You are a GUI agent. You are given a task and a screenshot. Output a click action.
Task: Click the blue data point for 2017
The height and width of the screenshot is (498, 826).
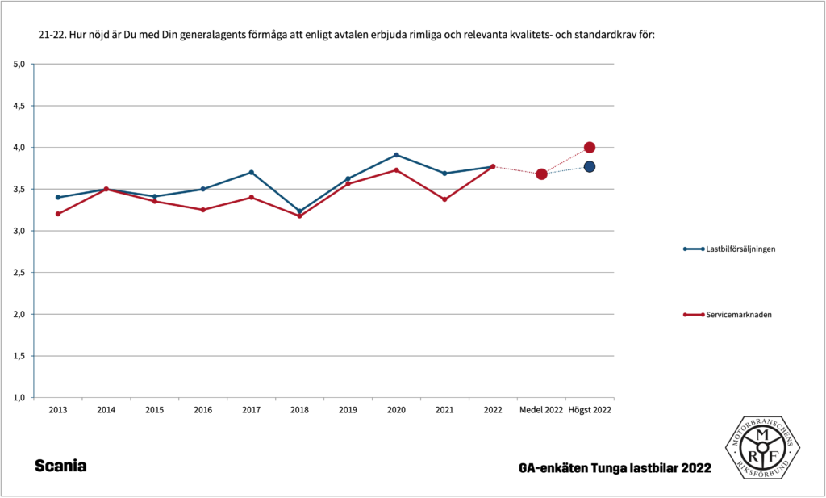point(252,172)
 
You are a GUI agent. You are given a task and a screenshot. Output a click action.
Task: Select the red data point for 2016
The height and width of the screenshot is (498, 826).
point(203,210)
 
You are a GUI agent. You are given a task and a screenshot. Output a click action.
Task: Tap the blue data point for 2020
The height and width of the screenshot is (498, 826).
point(396,154)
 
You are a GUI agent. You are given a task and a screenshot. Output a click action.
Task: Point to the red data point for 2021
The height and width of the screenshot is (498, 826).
point(444,199)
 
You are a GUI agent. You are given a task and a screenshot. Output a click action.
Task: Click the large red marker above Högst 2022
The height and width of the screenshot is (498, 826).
point(590,148)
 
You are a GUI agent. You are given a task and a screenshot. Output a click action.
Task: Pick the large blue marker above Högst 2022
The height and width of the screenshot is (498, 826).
point(590,167)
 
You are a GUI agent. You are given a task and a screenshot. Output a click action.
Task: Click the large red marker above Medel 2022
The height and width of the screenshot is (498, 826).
point(541,174)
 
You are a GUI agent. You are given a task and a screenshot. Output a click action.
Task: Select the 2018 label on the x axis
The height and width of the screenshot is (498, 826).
point(299,410)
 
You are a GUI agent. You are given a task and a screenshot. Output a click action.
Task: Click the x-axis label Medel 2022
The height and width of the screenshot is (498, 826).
point(541,410)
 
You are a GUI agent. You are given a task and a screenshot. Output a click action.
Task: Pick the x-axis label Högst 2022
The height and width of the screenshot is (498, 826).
point(590,410)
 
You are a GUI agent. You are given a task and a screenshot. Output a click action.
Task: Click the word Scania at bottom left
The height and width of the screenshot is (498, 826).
point(60,467)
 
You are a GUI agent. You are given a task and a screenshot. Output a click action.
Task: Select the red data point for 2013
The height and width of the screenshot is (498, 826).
point(58,214)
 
